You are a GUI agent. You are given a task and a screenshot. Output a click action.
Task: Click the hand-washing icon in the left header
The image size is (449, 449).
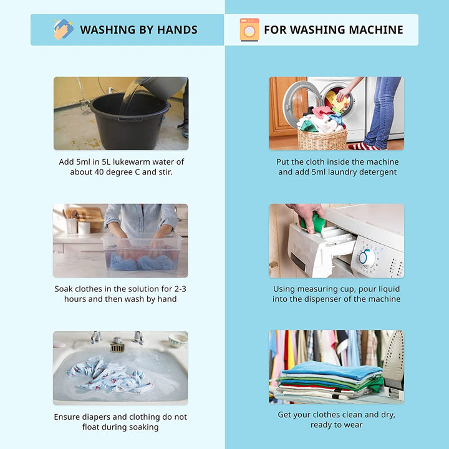click(x=63, y=29)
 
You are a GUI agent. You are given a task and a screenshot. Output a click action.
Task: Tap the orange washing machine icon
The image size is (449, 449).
click(x=249, y=29)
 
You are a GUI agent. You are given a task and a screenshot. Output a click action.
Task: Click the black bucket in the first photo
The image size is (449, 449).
click(x=130, y=121)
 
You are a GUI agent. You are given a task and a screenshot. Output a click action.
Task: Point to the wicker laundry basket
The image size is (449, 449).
click(x=323, y=139)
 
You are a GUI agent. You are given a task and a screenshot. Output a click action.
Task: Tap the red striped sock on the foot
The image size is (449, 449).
click(x=364, y=147)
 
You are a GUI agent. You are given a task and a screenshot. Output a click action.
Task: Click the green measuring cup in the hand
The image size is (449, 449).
click(x=314, y=223)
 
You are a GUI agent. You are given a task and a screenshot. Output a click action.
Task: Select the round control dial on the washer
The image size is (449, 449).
click(x=366, y=258)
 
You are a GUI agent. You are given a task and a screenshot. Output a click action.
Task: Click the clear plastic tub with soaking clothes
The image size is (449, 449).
click(x=142, y=252)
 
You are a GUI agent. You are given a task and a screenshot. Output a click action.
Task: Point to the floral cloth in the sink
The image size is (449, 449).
click(x=110, y=375)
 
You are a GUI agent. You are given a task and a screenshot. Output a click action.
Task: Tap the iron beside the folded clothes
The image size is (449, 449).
click(x=394, y=364)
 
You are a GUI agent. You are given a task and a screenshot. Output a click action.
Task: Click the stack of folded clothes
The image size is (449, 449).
click(x=330, y=379)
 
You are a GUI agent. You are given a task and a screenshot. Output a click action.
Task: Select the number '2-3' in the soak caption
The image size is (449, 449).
click(x=180, y=289)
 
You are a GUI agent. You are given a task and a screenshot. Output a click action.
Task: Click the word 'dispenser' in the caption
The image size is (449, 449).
click(x=324, y=299)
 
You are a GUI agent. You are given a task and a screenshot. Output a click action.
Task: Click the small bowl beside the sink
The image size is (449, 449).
click(x=178, y=340)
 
